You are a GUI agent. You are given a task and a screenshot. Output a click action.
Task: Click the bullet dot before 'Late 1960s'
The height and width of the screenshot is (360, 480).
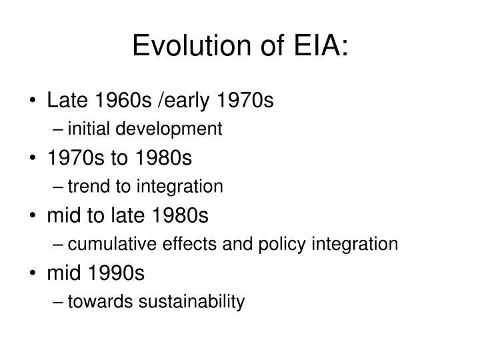34,102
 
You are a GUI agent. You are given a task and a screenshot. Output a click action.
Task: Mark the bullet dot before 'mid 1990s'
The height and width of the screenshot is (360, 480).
34,274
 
